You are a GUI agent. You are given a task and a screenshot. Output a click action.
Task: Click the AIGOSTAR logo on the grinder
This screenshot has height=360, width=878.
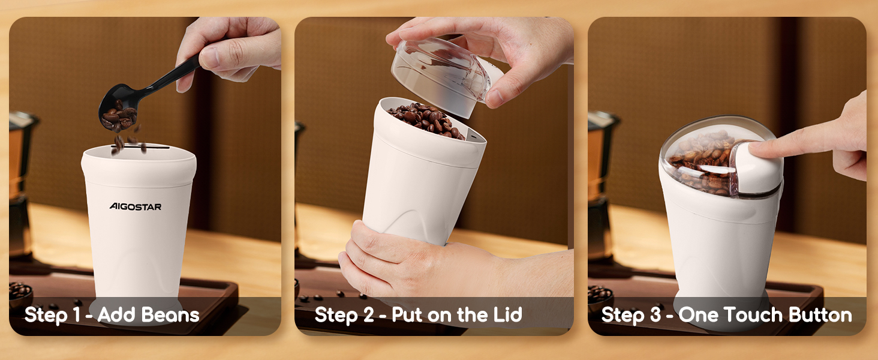(x=135, y=206)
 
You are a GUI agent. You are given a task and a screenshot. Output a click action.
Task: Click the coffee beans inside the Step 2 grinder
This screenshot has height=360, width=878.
(x=426, y=120)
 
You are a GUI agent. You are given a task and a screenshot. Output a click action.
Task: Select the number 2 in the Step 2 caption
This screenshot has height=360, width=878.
(x=368, y=315)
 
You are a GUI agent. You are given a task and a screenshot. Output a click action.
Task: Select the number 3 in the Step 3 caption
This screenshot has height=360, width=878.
(x=656, y=315)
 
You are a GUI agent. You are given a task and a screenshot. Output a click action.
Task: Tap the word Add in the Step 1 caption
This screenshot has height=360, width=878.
(x=116, y=314)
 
